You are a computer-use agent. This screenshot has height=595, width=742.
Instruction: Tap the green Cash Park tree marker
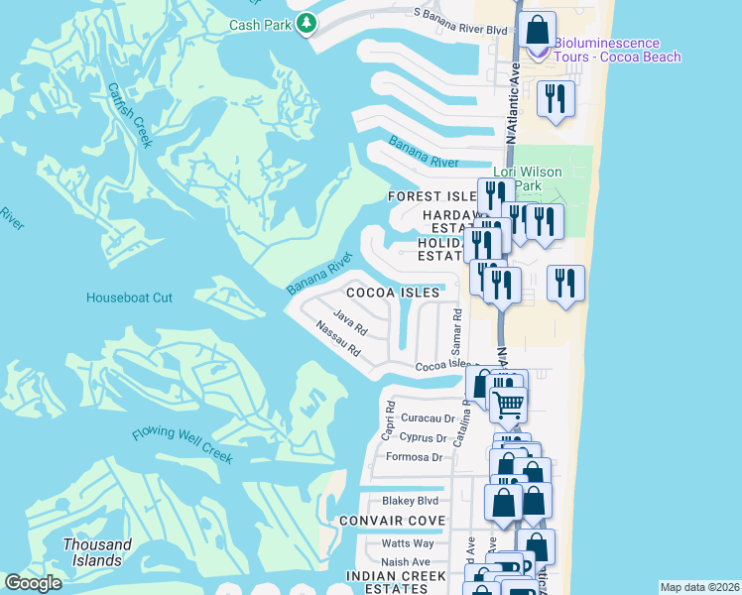coord(307,24)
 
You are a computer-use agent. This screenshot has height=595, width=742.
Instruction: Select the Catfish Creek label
coord(130,114)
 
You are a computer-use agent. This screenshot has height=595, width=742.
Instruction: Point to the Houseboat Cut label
coord(129,297)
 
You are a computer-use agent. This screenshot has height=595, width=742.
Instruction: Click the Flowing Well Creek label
coord(183,446)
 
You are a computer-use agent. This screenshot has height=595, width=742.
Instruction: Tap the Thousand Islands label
coord(97,552)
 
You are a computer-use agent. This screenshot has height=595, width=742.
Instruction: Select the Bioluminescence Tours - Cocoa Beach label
coord(617,50)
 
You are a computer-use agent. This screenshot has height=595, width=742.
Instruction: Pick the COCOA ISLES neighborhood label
coord(392,294)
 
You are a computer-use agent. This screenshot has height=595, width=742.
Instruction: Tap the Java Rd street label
coord(351,321)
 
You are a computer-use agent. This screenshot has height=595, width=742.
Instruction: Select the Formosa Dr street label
coord(421,457)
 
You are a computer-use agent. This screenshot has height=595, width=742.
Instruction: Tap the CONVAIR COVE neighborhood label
coord(392,521)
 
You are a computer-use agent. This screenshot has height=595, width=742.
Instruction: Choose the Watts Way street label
coord(408,543)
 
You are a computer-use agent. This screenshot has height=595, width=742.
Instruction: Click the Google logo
coord(33,583)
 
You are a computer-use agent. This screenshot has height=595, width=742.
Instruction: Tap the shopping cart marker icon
coord(508,404)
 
